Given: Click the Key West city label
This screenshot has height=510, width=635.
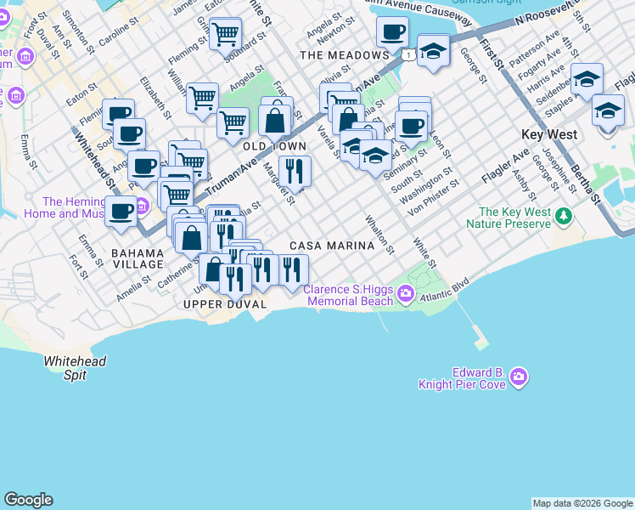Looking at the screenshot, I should (549, 135).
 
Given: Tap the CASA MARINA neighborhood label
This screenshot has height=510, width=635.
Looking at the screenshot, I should (332, 246).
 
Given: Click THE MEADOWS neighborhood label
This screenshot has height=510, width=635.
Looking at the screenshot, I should (344, 55).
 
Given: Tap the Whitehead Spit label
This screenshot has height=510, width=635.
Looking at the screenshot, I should (76, 367).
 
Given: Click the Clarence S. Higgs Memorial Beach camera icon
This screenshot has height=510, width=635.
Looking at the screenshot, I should (406, 295).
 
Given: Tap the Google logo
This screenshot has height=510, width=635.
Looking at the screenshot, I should (29, 500).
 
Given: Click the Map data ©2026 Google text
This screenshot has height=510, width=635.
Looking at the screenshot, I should (582, 503).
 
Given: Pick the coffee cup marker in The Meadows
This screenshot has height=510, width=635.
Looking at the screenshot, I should (391, 33).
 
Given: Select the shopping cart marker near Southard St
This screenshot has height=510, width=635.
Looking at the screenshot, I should (225, 35).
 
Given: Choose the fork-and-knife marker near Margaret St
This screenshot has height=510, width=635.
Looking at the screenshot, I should (295, 170).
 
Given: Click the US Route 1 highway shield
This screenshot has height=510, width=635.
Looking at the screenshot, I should (409, 54).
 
